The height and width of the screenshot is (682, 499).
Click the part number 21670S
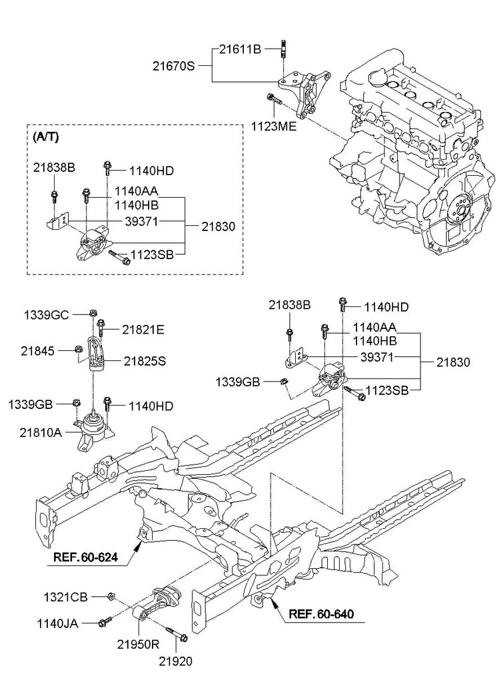click(x=175, y=65)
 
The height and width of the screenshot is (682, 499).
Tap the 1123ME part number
click(x=274, y=125)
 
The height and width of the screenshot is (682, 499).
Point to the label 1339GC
click(x=47, y=313)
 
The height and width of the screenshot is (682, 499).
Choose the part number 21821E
click(x=144, y=328)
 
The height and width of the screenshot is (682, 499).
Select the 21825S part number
click(x=145, y=362)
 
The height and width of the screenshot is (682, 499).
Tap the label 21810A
click(x=35, y=433)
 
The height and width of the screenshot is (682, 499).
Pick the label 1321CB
click(x=65, y=597)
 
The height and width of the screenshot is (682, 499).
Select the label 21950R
click(x=140, y=645)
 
